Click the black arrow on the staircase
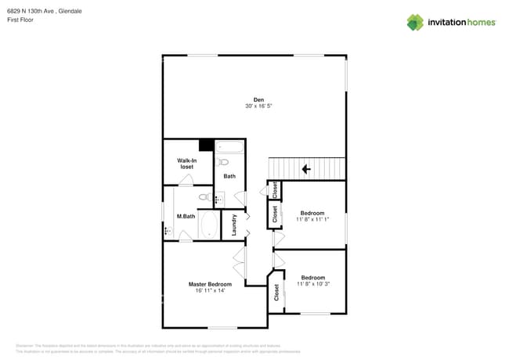pyautogui.click(x=306, y=168)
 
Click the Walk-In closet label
pyautogui.click(x=186, y=164)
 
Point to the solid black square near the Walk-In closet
pyautogui.click(x=206, y=145)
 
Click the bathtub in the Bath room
pyautogui.click(x=230, y=146)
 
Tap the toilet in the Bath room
pyautogui.click(x=224, y=163)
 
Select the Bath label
pyautogui.click(x=229, y=176)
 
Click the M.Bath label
pyautogui.click(x=186, y=216)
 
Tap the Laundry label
pyautogui.click(x=234, y=225)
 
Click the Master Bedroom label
pyautogui.click(x=210, y=284)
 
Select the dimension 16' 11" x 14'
pyautogui.click(x=210, y=290)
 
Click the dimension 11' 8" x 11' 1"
pyautogui.click(x=312, y=219)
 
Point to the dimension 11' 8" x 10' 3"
pyautogui.click(x=313, y=284)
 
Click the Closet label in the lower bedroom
pyautogui.click(x=276, y=292)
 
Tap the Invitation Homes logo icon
pyautogui.click(x=414, y=23)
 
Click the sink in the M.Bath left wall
pyautogui.click(x=167, y=231)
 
